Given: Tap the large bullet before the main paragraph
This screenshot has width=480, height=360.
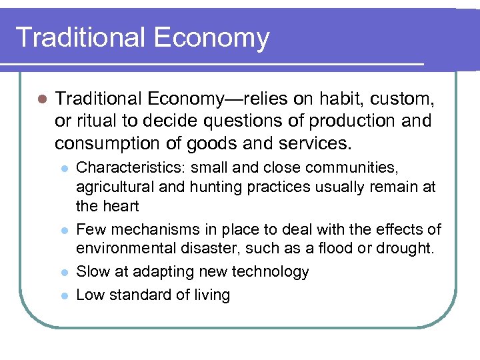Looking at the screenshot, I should (41, 99).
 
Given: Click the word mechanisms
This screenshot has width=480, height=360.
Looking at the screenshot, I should (151, 230).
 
